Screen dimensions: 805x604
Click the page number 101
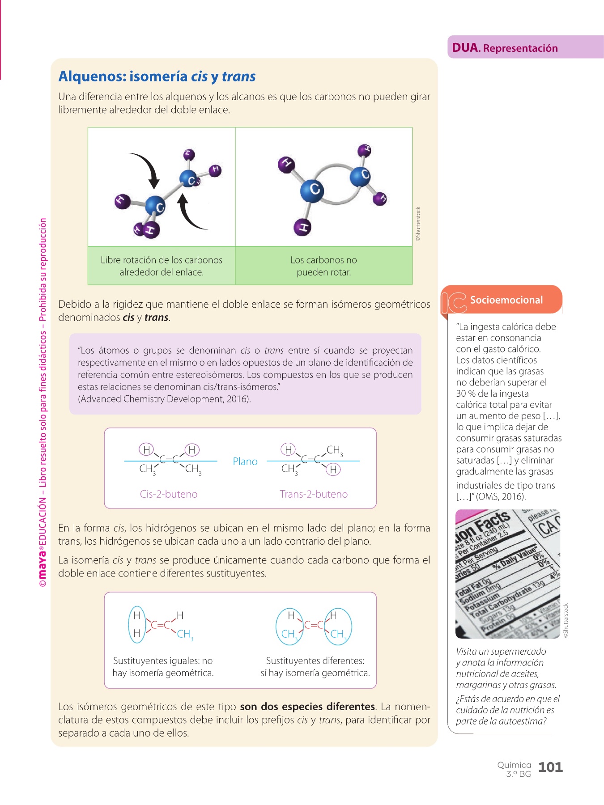click(550, 767)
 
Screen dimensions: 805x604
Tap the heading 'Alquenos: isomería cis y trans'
click(157, 76)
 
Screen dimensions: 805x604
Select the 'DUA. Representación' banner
click(505, 48)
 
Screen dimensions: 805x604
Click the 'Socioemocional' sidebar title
click(506, 300)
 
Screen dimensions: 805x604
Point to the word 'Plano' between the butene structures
click(245, 462)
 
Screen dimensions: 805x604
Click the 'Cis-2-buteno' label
click(169, 494)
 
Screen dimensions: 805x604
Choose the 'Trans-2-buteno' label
click(314, 494)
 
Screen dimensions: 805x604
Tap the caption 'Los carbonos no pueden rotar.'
click(323, 266)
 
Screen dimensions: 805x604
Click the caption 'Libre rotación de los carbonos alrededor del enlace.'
click(162, 266)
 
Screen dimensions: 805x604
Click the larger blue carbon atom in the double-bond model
click(312, 190)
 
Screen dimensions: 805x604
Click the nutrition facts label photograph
click(507, 574)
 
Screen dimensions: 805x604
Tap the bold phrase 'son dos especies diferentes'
click(307, 707)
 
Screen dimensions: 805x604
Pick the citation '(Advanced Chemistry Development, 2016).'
click(164, 399)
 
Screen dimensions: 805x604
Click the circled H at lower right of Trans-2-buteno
click(333, 470)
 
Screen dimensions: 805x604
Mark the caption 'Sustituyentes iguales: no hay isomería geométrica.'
click(163, 667)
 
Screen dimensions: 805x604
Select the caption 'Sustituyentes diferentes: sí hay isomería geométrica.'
click(315, 667)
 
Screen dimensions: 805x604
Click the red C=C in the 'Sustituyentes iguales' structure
click(161, 625)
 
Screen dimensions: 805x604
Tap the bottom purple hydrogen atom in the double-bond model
click(302, 227)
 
